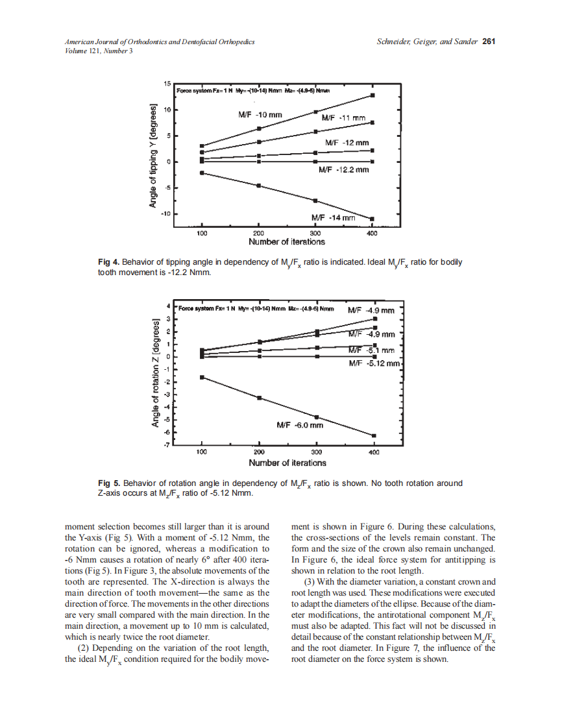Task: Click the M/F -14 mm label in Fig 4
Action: point(334,218)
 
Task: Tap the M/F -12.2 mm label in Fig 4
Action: point(344,170)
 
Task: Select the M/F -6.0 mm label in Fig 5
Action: point(300,426)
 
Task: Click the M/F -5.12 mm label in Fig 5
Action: point(374,363)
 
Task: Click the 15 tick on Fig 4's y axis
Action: point(167,84)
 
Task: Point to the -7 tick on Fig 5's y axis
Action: point(167,445)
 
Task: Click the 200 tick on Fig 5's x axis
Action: point(259,452)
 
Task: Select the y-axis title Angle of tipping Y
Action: point(154,156)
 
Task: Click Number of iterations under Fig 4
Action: point(287,241)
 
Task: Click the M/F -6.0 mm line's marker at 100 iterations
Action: point(202,377)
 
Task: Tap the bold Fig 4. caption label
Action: point(109,262)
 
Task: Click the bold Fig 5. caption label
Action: point(109,483)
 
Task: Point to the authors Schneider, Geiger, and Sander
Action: point(426,42)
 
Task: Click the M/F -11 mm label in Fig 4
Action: point(344,118)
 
